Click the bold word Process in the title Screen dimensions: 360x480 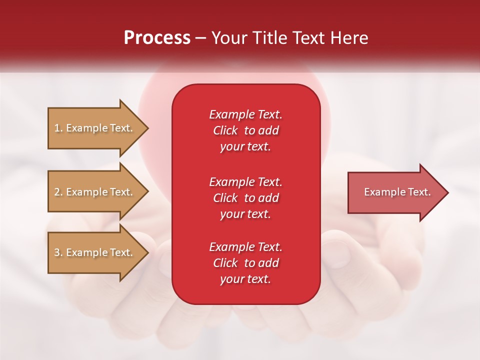click(157, 38)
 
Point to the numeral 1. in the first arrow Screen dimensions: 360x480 click(58, 128)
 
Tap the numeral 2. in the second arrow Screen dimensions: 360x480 click(58, 192)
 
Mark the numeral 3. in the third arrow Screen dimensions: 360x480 click(58, 252)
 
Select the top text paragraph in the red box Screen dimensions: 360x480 click(245, 130)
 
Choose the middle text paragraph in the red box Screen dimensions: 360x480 click(245, 198)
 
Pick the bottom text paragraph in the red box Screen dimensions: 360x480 click(245, 263)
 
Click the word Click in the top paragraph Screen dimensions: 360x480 click(225, 130)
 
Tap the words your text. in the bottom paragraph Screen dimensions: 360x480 click(245, 279)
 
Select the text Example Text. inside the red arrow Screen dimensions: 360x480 click(397, 192)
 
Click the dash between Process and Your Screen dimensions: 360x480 click(201, 38)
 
